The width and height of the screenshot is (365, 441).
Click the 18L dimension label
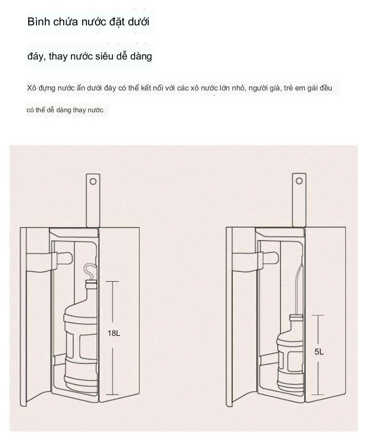coord(114,333)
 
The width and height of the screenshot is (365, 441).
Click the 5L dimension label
coord(319,352)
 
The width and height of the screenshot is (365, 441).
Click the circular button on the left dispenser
coord(93,181)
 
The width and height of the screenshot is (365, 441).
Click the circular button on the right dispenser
coord(299,181)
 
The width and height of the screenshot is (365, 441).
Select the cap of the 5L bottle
coord(296,318)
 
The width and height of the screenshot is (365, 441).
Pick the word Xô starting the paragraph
coord(31,88)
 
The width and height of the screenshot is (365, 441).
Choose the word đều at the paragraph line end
coord(326,88)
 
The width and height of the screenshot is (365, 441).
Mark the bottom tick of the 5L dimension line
coord(318,394)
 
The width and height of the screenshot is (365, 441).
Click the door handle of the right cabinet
coord(255,261)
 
